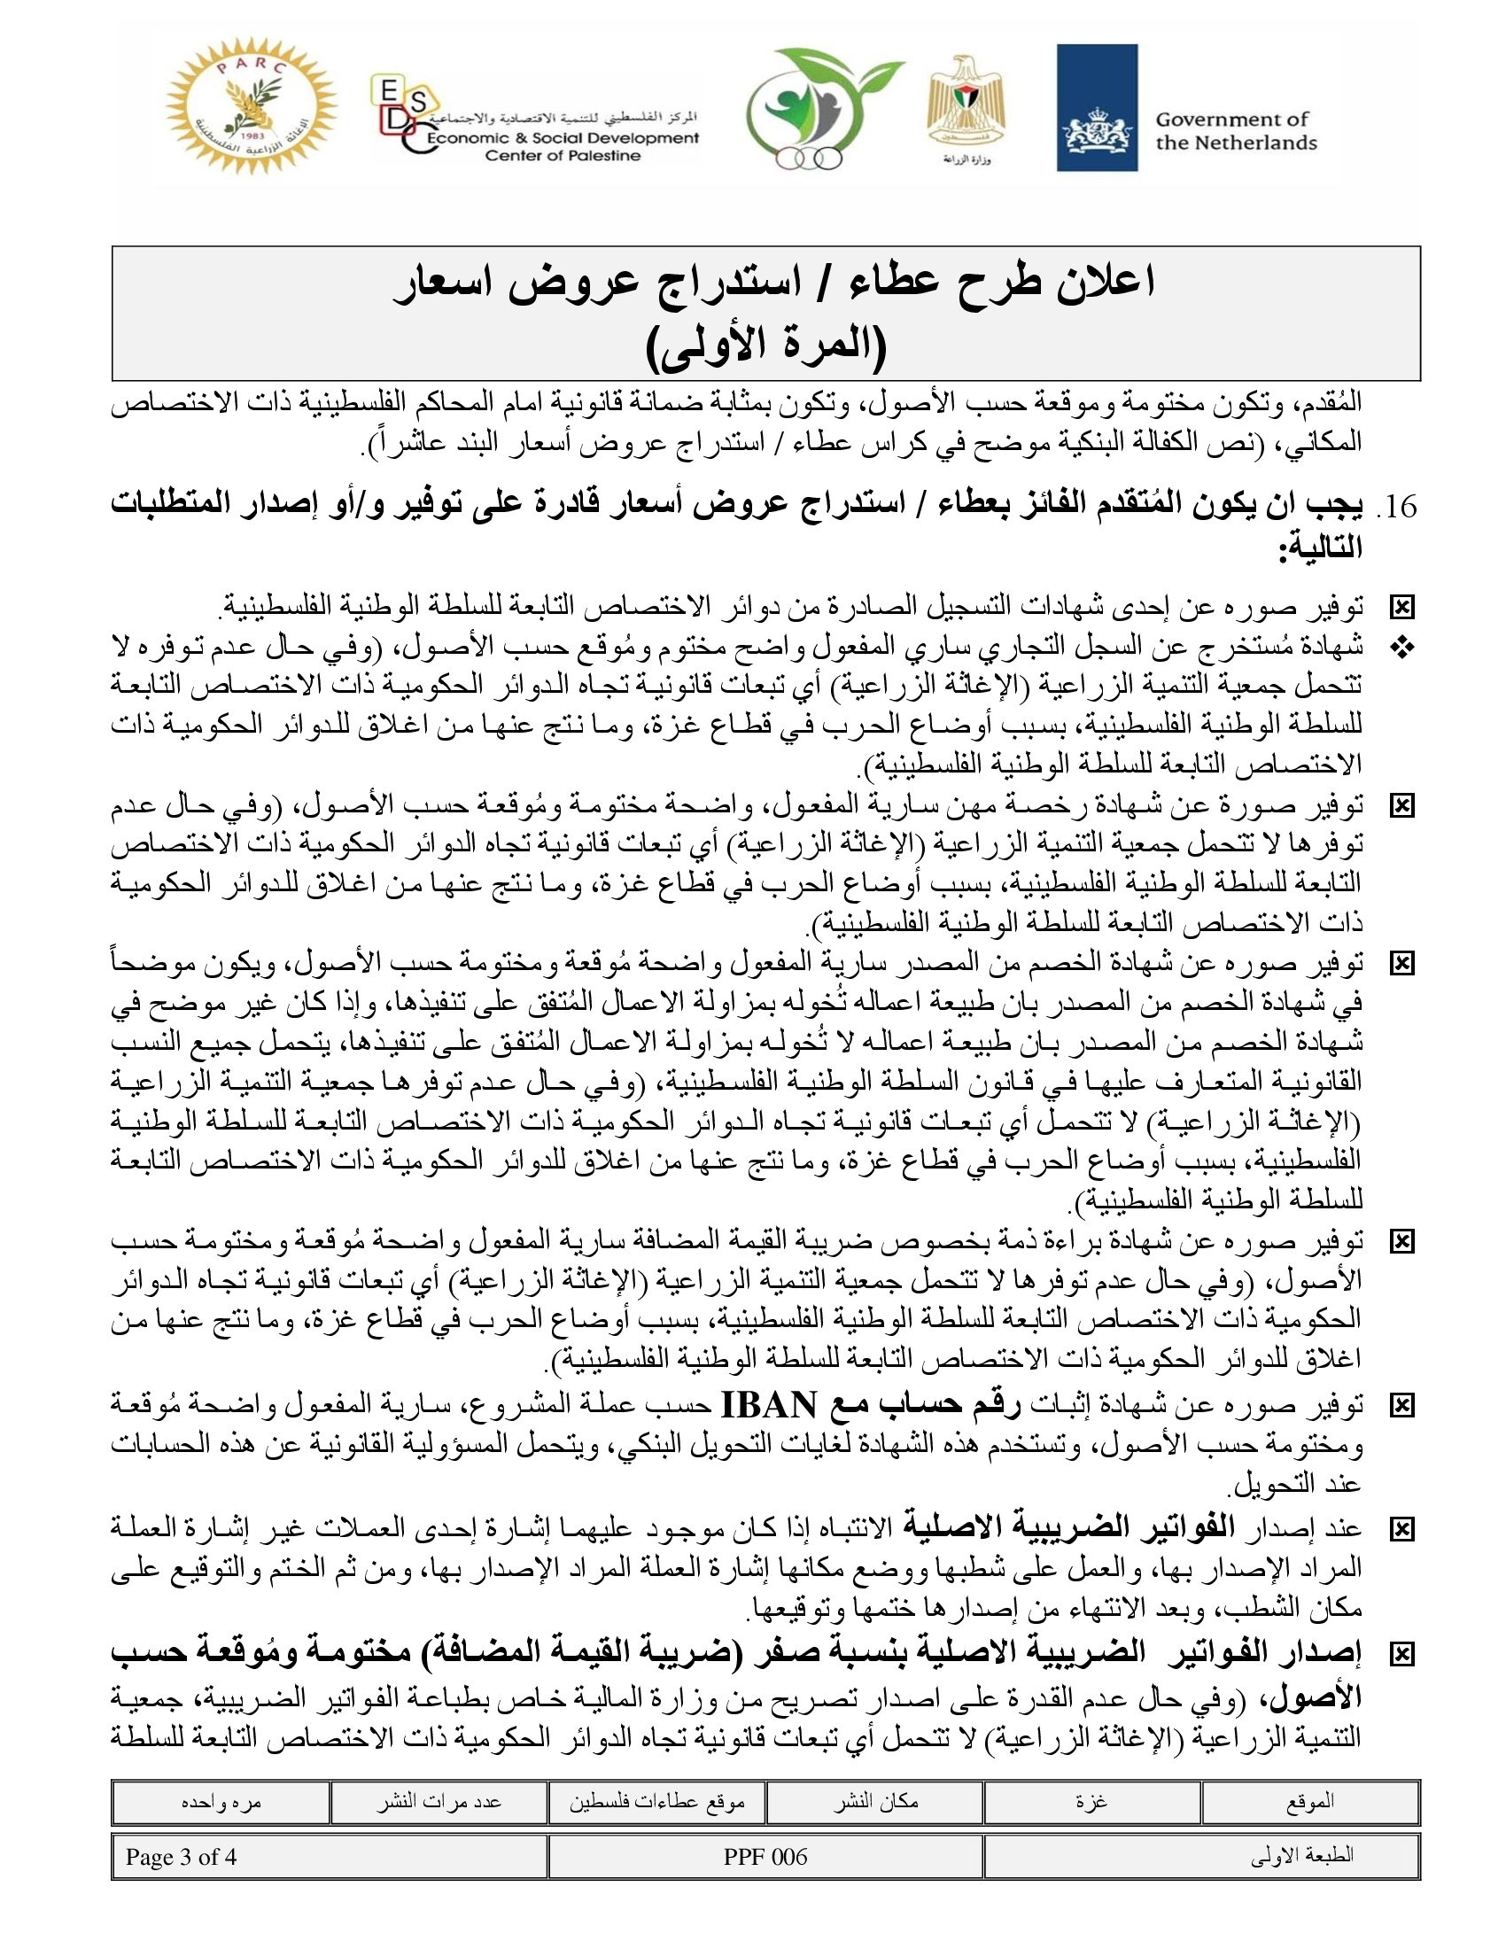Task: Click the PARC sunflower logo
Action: pos(252,105)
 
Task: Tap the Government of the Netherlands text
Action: pos(1236,131)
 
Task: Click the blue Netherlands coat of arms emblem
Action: pos(1097,107)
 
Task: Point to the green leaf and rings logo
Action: pos(813,112)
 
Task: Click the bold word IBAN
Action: pos(767,1405)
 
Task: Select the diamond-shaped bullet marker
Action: pos(1402,648)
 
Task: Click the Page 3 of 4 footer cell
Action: pos(181,1856)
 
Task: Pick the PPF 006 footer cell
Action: pos(765,1856)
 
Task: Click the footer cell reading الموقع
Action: pos(1309,1802)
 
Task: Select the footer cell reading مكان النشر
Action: pos(875,1802)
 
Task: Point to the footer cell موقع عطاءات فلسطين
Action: pos(656,1802)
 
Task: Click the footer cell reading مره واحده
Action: pos(221,1802)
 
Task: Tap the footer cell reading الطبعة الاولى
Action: pos(1301,1856)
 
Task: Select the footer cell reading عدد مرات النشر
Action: pos(438,1802)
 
